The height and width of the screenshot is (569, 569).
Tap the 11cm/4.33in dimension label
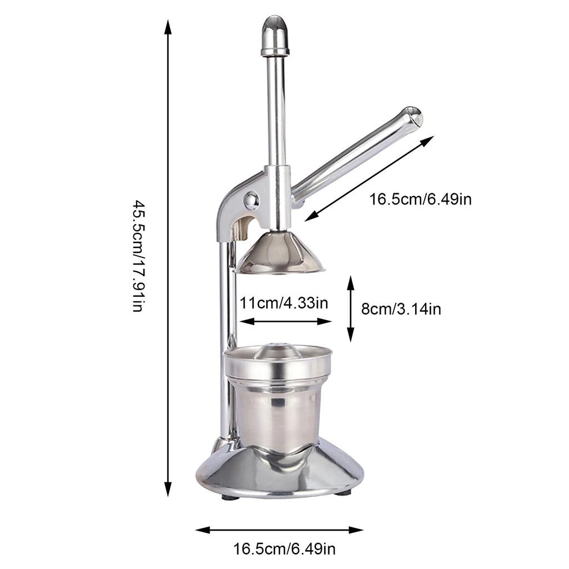(284, 303)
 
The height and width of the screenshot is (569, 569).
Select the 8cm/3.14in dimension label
(401, 308)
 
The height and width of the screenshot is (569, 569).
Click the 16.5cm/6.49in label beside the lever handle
(421, 199)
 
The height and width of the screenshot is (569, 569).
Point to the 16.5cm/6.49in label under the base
(284, 550)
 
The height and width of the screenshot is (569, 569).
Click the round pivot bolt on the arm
(251, 199)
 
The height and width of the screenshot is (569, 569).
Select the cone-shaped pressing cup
(280, 252)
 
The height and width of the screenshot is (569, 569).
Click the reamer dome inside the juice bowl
(277, 350)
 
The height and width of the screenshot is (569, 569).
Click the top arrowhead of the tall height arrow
(168, 26)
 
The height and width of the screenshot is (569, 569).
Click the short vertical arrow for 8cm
(350, 308)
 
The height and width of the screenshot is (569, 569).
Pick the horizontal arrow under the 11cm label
(285, 321)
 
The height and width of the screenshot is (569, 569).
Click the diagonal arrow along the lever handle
(369, 178)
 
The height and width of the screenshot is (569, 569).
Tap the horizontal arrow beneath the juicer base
(279, 530)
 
